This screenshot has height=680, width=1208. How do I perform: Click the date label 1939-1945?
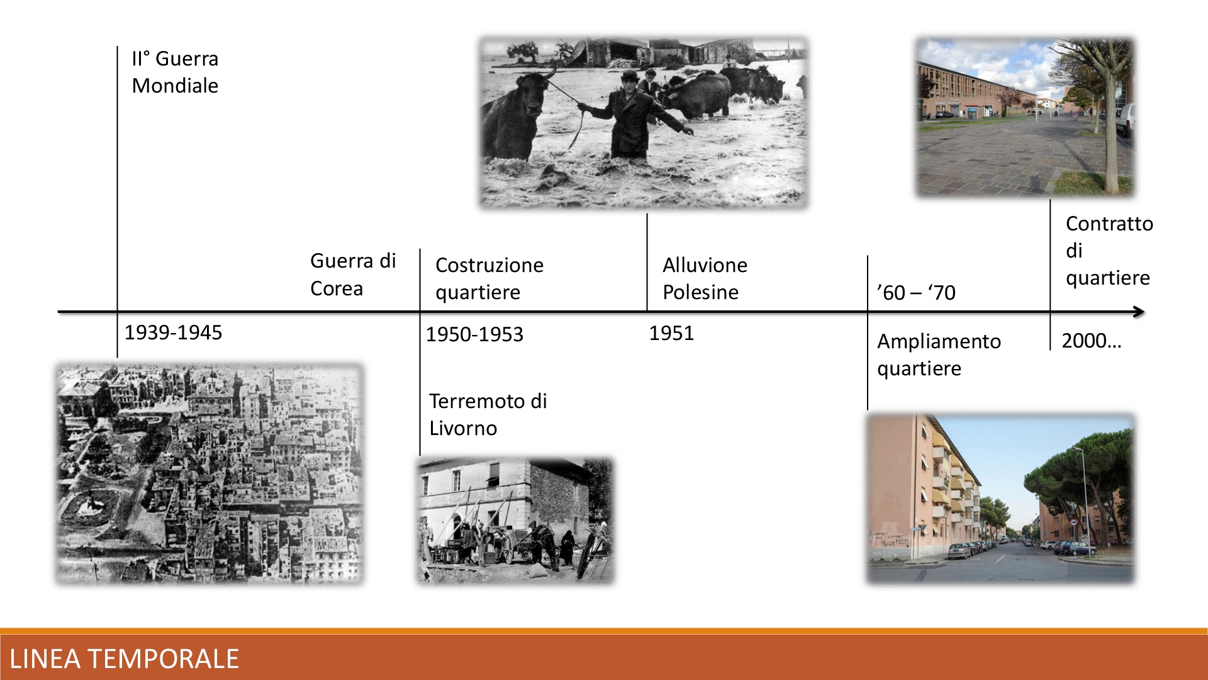(173, 332)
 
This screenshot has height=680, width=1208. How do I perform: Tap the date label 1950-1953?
(474, 334)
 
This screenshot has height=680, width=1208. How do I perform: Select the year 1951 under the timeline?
(671, 333)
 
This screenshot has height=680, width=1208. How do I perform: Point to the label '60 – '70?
(916, 293)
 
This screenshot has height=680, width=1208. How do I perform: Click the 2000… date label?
(1092, 341)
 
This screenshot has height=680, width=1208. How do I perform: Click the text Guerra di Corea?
(353, 275)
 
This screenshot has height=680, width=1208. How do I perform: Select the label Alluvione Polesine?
(705, 278)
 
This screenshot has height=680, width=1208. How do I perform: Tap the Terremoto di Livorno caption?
(488, 414)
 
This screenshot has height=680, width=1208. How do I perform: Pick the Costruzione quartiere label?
(489, 278)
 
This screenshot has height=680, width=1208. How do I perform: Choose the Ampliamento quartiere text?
(939, 354)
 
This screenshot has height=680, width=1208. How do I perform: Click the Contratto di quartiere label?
(1109, 251)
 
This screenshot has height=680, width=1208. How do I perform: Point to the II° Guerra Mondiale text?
(175, 72)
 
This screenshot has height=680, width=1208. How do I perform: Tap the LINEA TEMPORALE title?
(124, 659)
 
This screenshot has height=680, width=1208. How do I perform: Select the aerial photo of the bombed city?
(210, 473)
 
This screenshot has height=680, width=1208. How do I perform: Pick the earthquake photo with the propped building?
(515, 520)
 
